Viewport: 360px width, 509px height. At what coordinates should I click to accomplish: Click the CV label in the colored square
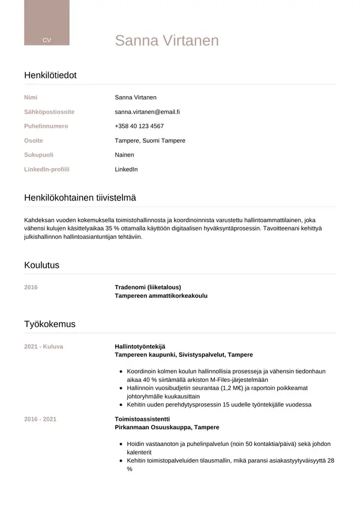click(47, 40)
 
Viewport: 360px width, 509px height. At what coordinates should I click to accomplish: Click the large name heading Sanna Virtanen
click(167, 40)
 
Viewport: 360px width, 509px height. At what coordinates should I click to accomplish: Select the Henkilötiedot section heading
click(50, 75)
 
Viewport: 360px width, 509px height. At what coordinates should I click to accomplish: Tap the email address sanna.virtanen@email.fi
click(148, 112)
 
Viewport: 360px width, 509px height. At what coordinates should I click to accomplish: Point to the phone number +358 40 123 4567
click(139, 126)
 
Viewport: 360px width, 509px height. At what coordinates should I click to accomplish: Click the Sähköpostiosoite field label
click(49, 112)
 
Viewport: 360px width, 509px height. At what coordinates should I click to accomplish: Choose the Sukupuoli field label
click(38, 155)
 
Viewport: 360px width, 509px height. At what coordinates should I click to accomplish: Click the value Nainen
click(124, 155)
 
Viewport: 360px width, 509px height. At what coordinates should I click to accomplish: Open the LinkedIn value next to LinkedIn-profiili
click(126, 169)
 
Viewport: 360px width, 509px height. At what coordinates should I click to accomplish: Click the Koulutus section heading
click(41, 265)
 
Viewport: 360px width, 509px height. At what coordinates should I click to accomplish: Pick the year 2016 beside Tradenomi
click(31, 287)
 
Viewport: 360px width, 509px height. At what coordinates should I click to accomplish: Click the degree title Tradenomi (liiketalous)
click(148, 287)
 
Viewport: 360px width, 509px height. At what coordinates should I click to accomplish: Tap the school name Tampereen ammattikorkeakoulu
click(161, 296)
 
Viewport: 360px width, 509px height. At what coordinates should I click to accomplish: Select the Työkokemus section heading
click(50, 324)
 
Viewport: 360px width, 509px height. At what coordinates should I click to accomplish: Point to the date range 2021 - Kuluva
click(43, 346)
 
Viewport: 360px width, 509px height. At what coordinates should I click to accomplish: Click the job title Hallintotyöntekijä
click(140, 346)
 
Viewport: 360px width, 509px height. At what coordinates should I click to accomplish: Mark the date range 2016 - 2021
click(40, 418)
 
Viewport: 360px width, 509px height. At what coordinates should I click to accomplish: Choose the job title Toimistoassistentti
click(142, 418)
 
